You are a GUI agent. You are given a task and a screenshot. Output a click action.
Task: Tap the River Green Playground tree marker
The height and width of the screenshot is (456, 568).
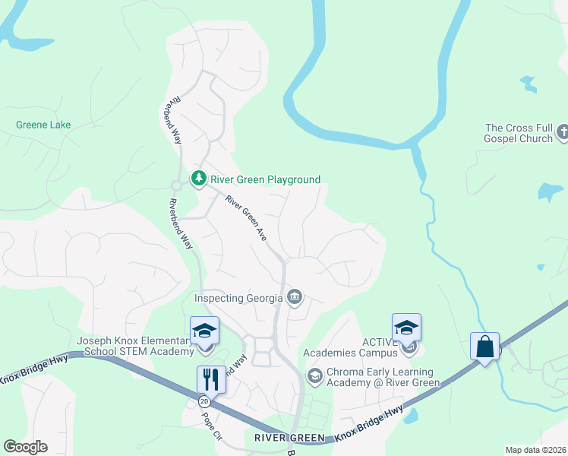coord(199,179)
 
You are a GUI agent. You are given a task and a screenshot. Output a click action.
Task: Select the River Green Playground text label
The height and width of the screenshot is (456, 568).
coord(264,180)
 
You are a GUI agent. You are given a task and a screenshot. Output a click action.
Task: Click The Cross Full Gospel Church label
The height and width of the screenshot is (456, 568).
coord(520,133)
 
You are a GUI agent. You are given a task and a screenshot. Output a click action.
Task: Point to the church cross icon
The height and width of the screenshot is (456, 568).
coord(562,133)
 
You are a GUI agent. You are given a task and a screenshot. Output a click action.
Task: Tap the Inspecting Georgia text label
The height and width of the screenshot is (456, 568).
coord(239,298)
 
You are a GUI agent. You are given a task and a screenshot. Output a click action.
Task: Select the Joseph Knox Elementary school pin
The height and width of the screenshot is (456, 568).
coord(204,331)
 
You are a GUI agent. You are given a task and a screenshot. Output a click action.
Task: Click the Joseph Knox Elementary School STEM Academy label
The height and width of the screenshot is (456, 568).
coord(135,347)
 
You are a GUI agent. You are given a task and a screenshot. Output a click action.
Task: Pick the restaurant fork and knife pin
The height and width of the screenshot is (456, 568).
coord(210,379)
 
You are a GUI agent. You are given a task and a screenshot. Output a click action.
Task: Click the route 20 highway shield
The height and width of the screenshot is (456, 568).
coord(204,401)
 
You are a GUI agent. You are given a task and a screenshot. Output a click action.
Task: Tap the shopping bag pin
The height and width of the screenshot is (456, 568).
coord(484,347)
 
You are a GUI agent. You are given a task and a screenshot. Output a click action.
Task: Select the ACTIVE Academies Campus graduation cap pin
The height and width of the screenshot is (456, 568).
coord(406,328)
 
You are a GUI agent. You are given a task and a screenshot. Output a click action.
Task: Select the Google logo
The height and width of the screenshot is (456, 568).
coord(25,447)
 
